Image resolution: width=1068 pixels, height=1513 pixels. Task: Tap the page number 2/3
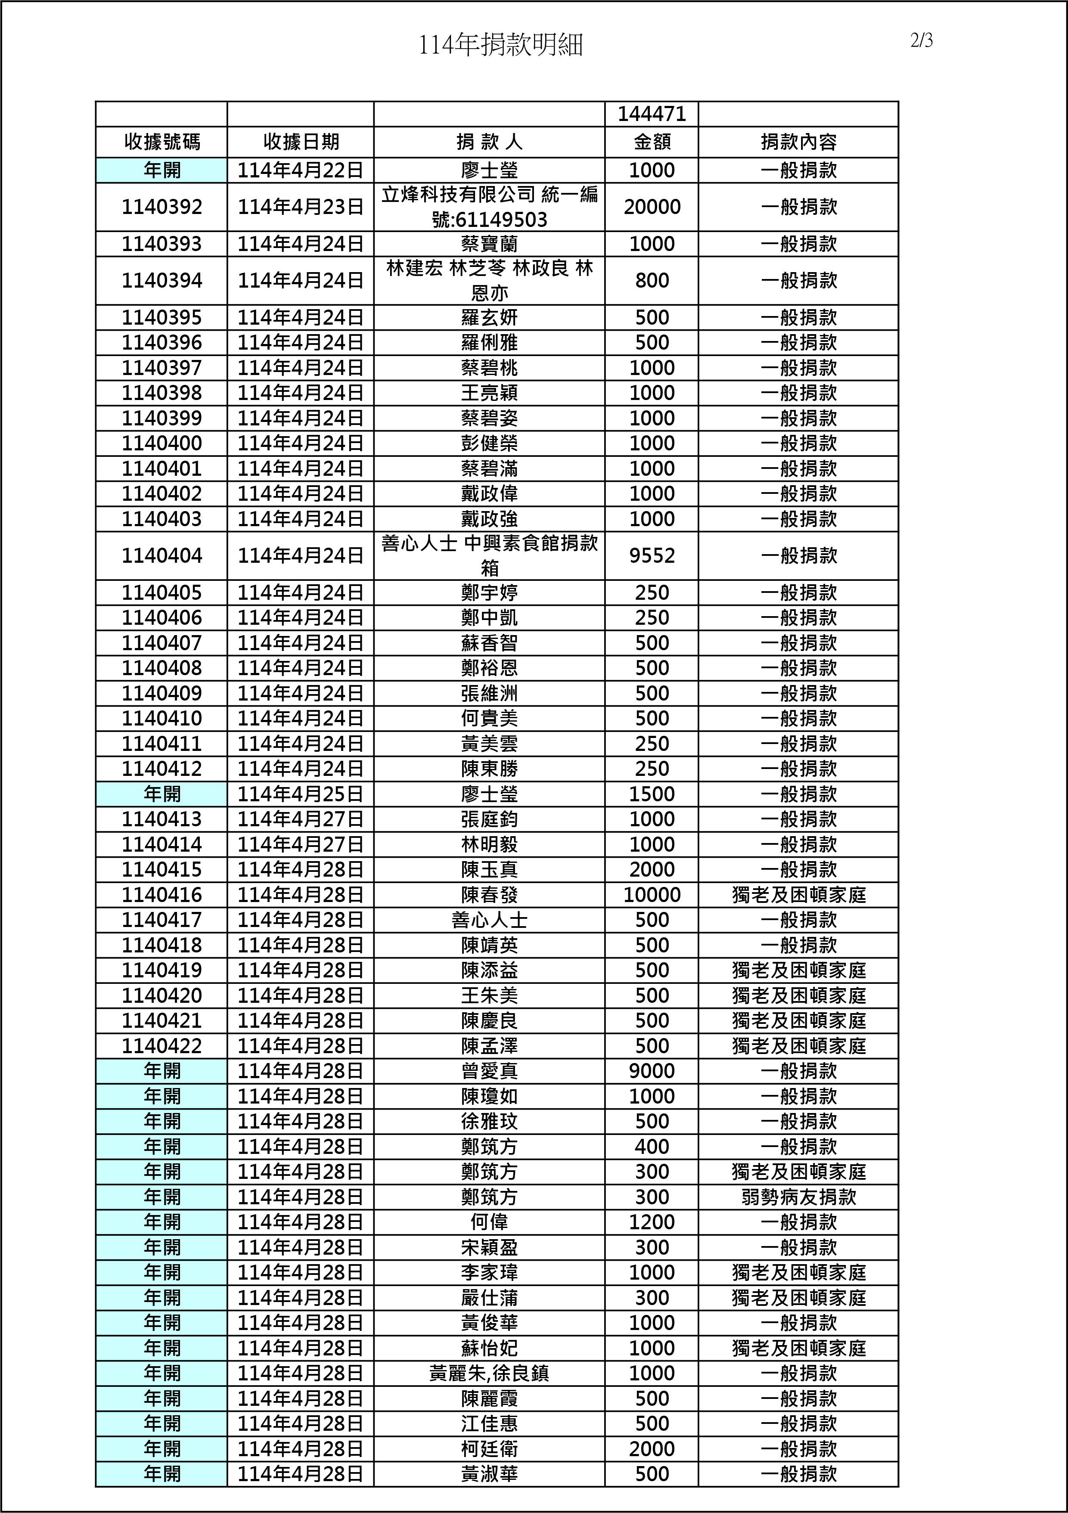pos(922,41)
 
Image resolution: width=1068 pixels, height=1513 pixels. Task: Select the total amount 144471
pos(651,115)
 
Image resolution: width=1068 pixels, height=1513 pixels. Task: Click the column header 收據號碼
pos(161,142)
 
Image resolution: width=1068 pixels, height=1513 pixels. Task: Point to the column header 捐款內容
pos(798,142)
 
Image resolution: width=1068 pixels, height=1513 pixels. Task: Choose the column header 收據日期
pos(301,142)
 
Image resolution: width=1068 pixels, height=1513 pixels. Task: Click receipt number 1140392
pos(161,207)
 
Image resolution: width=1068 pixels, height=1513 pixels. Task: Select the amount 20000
pos(651,207)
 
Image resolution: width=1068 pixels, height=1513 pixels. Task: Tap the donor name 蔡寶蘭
pos(489,244)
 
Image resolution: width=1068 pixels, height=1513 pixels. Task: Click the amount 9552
pos(651,555)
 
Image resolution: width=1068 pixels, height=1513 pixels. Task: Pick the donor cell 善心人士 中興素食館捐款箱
pos(489,555)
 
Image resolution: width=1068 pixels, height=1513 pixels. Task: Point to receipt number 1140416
pos(161,895)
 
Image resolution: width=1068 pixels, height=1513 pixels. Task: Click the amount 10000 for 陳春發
pos(651,895)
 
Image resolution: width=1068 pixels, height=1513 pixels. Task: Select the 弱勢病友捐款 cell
pos(798,1197)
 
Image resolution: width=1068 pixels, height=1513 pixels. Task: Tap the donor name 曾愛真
pos(489,1071)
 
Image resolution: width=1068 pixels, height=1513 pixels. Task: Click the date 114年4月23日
pos(301,207)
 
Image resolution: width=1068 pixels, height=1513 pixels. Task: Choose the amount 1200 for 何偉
pos(651,1222)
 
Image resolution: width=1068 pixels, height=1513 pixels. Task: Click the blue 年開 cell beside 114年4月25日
pos(161,794)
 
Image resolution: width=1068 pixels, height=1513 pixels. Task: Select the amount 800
pos(651,281)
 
